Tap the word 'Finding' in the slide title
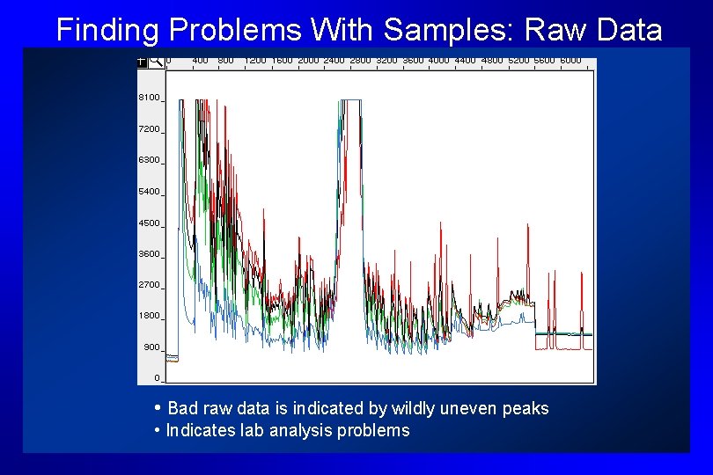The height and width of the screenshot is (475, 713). pyautogui.click(x=107, y=30)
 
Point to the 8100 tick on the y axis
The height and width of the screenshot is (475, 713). pyautogui.click(x=149, y=98)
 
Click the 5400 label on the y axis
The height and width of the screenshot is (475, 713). pyautogui.click(x=149, y=191)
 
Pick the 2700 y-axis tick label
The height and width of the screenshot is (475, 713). pyautogui.click(x=149, y=285)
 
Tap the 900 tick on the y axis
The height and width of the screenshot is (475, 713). pyautogui.click(x=151, y=347)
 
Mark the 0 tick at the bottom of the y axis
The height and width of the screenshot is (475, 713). pyautogui.click(x=157, y=378)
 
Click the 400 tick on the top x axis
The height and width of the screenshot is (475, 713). pyautogui.click(x=200, y=61)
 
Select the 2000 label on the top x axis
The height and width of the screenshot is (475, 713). pyautogui.click(x=308, y=61)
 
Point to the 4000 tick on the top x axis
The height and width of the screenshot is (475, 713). pyautogui.click(x=437, y=61)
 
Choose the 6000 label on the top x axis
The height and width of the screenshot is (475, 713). pyautogui.click(x=570, y=61)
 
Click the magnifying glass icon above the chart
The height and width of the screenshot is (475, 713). pyautogui.click(x=155, y=61)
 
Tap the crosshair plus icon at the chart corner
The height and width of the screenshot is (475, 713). pyautogui.click(x=142, y=62)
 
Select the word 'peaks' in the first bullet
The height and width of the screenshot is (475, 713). pyautogui.click(x=527, y=408)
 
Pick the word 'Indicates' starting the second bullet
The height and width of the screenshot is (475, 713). pyautogui.click(x=195, y=430)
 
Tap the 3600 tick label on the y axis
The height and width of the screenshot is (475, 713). pyautogui.click(x=149, y=253)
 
